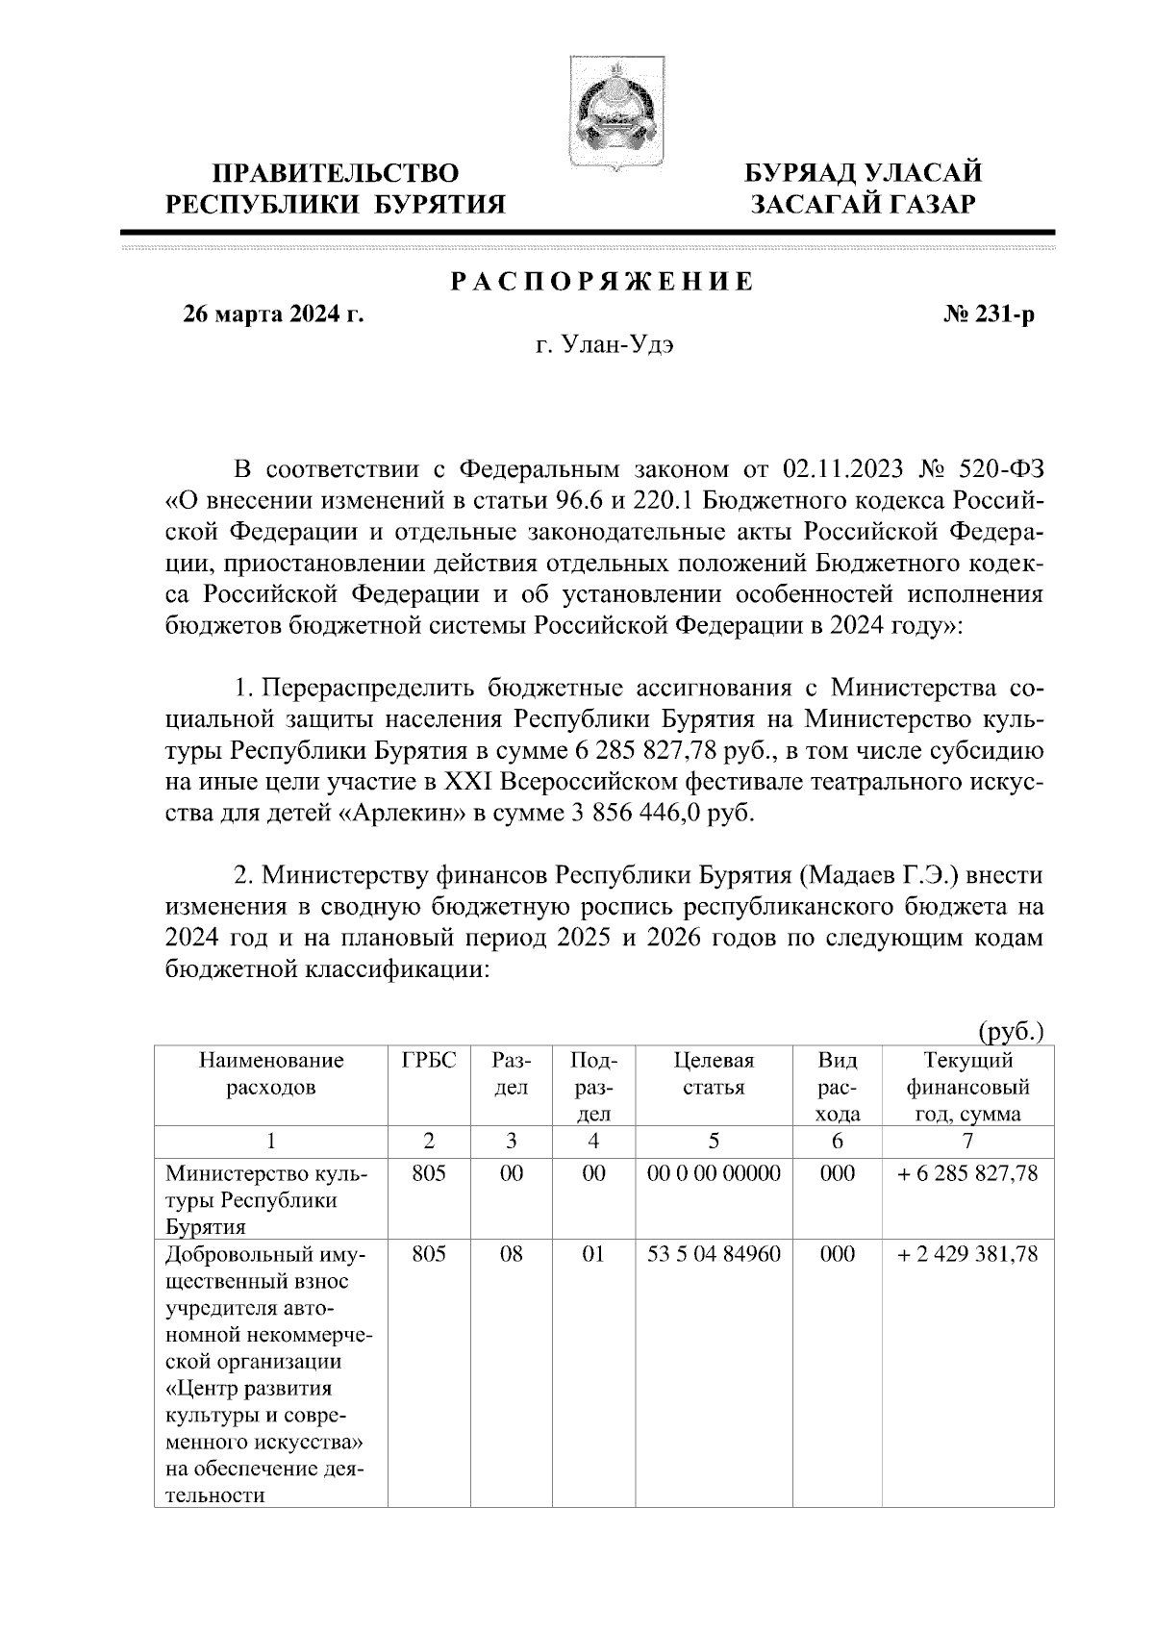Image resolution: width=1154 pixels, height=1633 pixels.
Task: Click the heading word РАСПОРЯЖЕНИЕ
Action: [603, 283]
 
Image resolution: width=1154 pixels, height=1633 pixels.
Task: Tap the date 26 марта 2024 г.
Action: [274, 314]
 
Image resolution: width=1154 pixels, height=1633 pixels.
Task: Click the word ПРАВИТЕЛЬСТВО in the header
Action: [336, 173]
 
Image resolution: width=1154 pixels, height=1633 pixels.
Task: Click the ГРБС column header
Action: [428, 1061]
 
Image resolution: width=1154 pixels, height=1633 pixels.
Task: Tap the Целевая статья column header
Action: [714, 1074]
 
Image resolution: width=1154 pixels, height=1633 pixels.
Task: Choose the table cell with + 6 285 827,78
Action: [967, 1173]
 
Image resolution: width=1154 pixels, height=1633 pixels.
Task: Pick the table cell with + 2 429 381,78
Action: [967, 1254]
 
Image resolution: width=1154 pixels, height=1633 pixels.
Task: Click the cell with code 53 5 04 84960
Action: [714, 1254]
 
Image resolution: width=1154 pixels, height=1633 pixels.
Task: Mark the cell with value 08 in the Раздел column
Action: [511, 1254]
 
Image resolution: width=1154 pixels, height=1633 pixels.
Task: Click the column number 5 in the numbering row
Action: [714, 1141]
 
